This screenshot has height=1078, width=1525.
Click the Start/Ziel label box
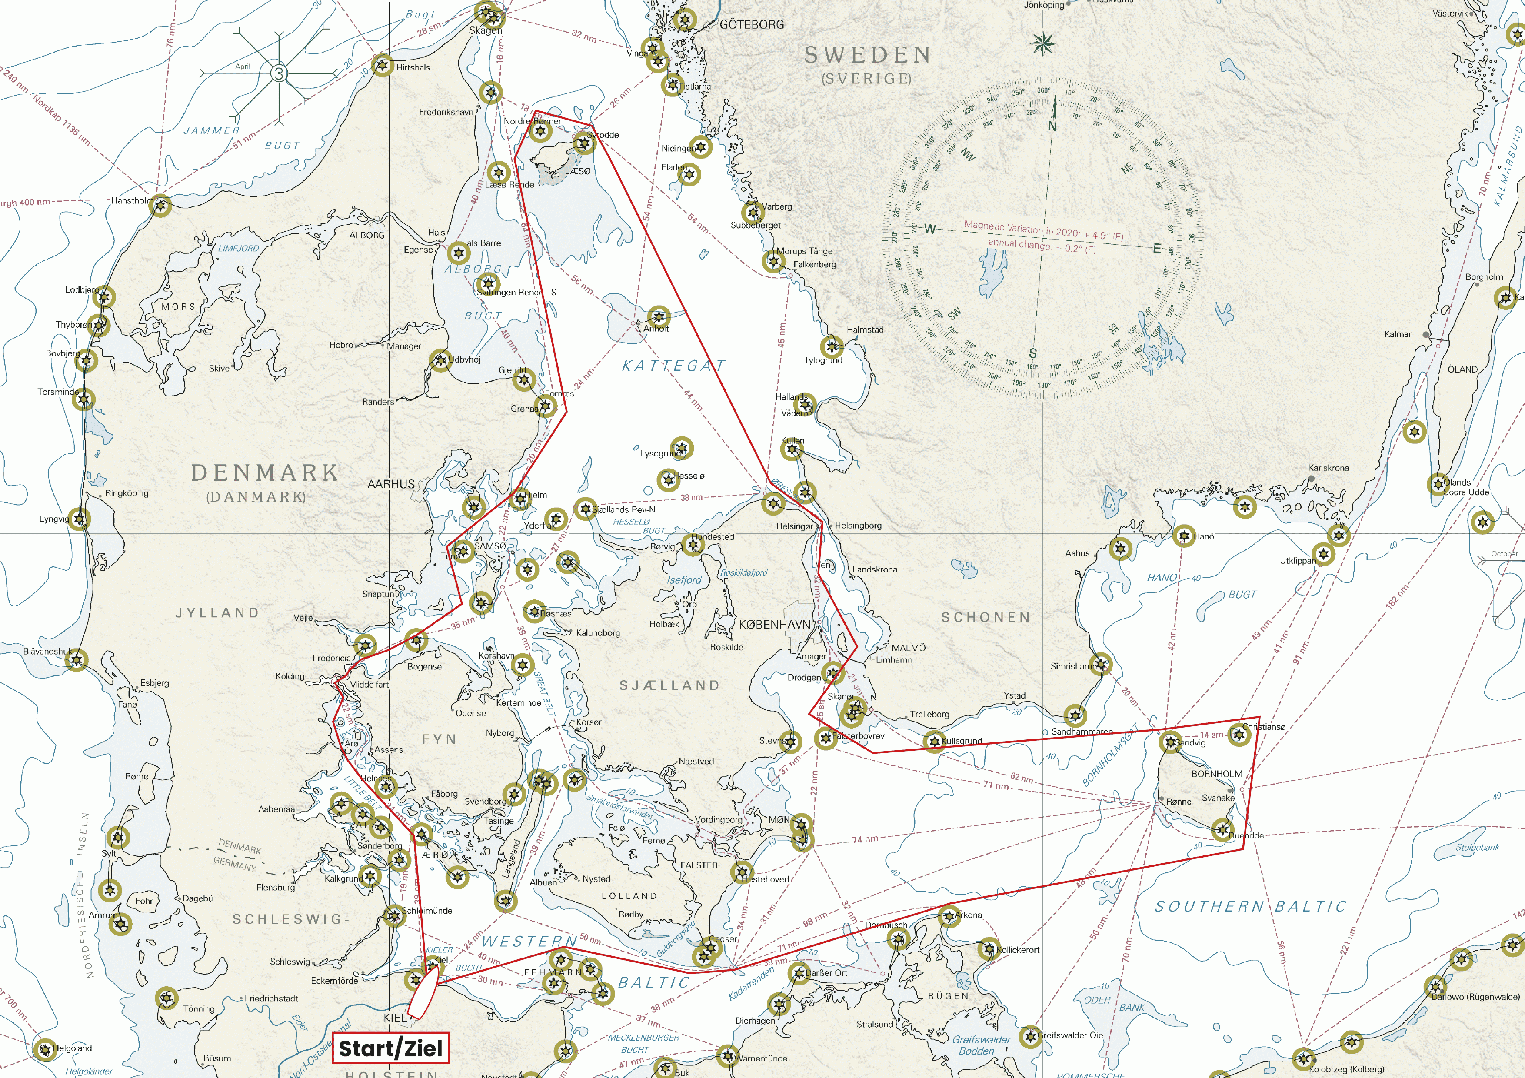tap(390, 1048)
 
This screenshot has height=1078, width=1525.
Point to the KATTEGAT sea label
tap(673, 365)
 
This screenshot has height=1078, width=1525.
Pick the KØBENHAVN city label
tap(775, 624)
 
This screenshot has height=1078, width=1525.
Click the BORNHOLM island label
tap(1217, 774)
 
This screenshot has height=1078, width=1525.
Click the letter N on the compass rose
tap(1052, 126)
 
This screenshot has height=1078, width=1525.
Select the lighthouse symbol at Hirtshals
tap(382, 65)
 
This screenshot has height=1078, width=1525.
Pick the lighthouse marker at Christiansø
tap(1238, 734)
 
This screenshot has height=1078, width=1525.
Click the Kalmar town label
tap(1398, 334)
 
